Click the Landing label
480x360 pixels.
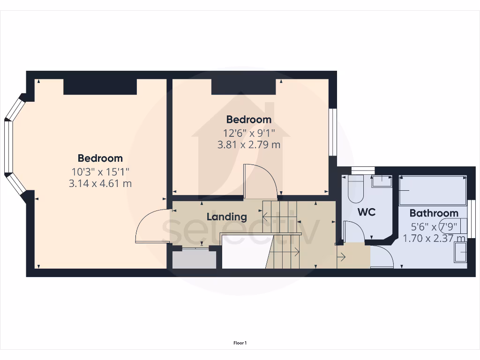[227, 217]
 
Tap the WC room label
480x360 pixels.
[367, 212]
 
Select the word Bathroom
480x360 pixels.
[434, 213]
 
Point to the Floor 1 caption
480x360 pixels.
[240, 343]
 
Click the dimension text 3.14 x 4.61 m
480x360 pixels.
[100, 183]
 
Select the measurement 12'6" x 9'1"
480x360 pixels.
[248, 133]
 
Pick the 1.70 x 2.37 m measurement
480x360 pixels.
[434, 238]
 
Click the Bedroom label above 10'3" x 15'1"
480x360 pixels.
[100, 158]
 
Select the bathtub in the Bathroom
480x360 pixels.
[432, 190]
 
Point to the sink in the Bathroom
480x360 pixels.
[461, 254]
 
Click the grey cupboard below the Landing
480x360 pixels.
[194, 259]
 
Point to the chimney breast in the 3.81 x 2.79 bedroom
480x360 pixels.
[243, 87]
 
